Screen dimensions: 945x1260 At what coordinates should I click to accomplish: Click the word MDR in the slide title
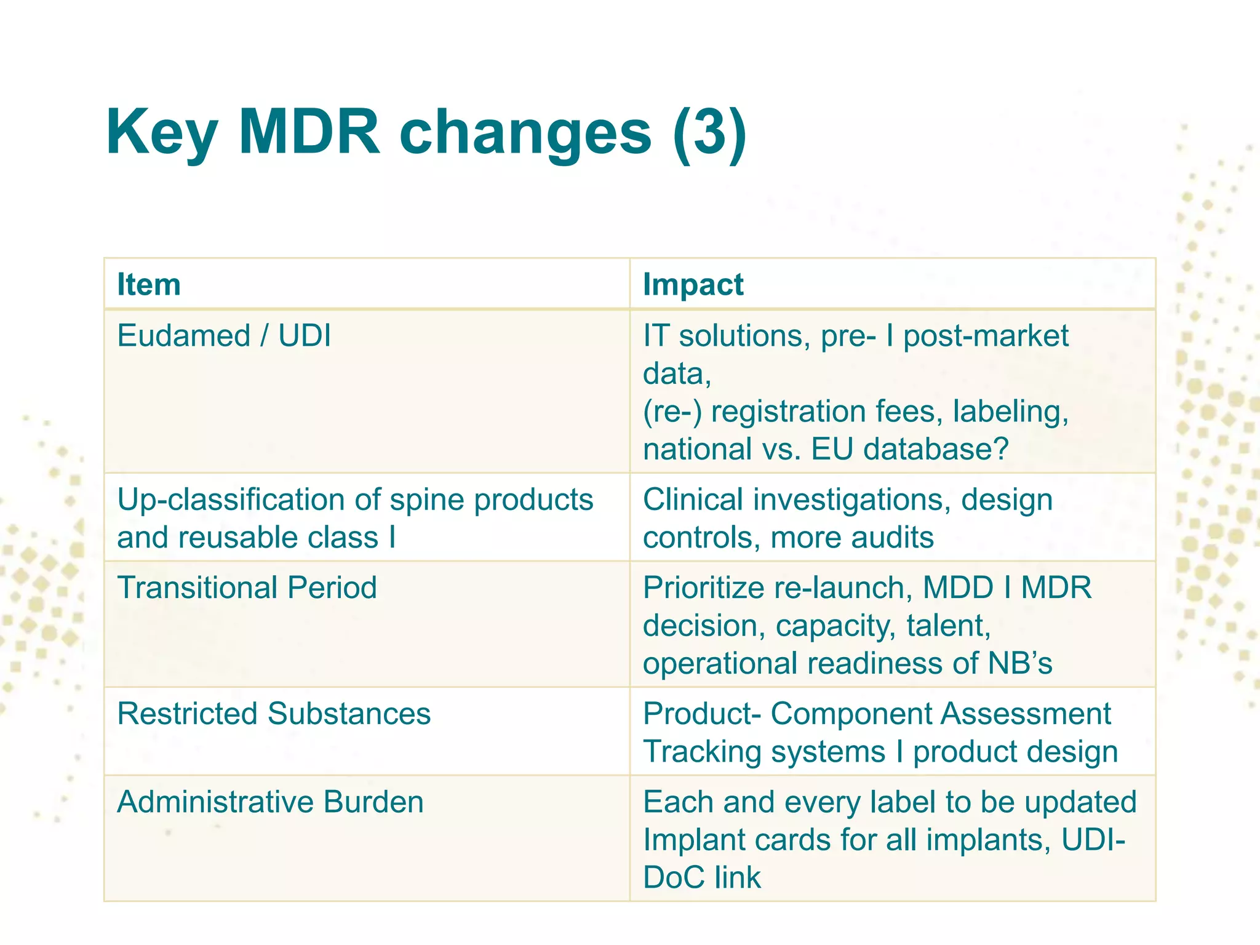tap(309, 132)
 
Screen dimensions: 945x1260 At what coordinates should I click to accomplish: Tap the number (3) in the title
tap(709, 133)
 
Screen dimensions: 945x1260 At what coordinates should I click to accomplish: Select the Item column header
tap(149, 285)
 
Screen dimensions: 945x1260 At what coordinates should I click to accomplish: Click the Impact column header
tap(693, 285)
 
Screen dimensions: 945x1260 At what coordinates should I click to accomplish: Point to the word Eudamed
tap(183, 336)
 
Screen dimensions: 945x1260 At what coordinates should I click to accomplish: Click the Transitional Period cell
tap(247, 588)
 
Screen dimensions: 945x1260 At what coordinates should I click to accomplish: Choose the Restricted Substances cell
tap(274, 714)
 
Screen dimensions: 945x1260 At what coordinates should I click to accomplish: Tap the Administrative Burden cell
tap(270, 802)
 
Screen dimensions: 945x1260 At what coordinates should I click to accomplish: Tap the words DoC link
tap(702, 877)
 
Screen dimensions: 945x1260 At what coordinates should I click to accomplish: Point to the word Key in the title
tap(161, 133)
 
